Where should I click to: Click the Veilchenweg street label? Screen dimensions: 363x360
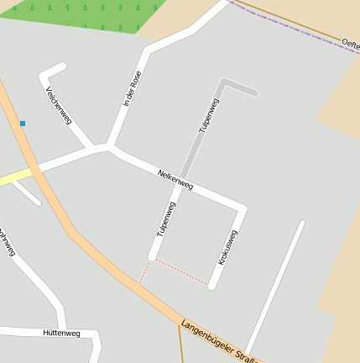click(x=58, y=105)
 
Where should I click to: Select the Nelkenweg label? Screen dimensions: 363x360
click(x=175, y=179)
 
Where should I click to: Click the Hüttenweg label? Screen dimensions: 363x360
click(x=61, y=334)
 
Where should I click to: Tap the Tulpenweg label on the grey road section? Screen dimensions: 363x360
click(x=209, y=116)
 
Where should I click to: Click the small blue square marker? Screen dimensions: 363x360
click(x=23, y=124)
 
